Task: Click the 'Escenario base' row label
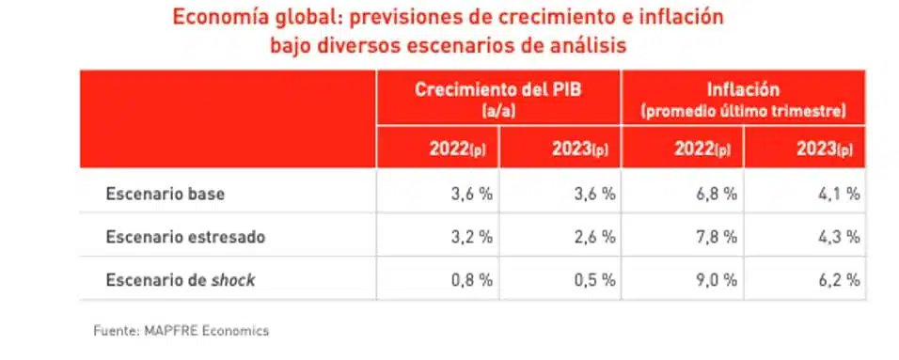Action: coord(165,195)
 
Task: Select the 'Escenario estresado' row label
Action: coord(185,237)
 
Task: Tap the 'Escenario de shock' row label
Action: coord(181,279)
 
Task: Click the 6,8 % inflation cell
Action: coord(715,195)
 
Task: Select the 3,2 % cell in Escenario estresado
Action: coord(470,237)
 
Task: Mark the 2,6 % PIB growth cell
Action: coord(592,237)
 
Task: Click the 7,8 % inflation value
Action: coord(715,237)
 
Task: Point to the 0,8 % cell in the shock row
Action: coord(470,279)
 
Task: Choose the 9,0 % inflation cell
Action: coord(715,279)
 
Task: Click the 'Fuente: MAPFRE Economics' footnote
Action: coord(181,331)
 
